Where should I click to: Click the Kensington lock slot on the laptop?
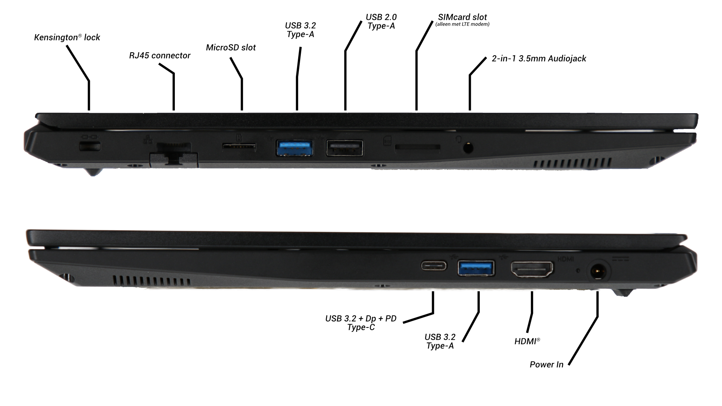(90, 147)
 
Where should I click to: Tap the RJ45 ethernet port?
(174, 153)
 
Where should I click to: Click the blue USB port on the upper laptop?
(295, 147)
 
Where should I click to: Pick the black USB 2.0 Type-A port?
(345, 147)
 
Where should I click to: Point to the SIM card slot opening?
(418, 147)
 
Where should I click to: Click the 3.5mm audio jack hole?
(468, 147)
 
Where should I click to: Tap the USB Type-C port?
(434, 266)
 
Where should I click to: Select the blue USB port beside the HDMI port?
(476, 268)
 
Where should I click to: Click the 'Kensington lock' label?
(67, 37)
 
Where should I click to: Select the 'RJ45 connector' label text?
(160, 56)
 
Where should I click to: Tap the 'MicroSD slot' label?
(231, 47)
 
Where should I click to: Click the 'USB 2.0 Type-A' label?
(381, 21)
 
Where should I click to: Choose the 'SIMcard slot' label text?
(463, 17)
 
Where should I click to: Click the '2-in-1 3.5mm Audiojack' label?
(539, 59)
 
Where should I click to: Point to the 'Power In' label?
(546, 364)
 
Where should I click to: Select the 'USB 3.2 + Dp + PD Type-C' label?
(361, 323)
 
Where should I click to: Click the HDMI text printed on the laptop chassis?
(565, 259)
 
